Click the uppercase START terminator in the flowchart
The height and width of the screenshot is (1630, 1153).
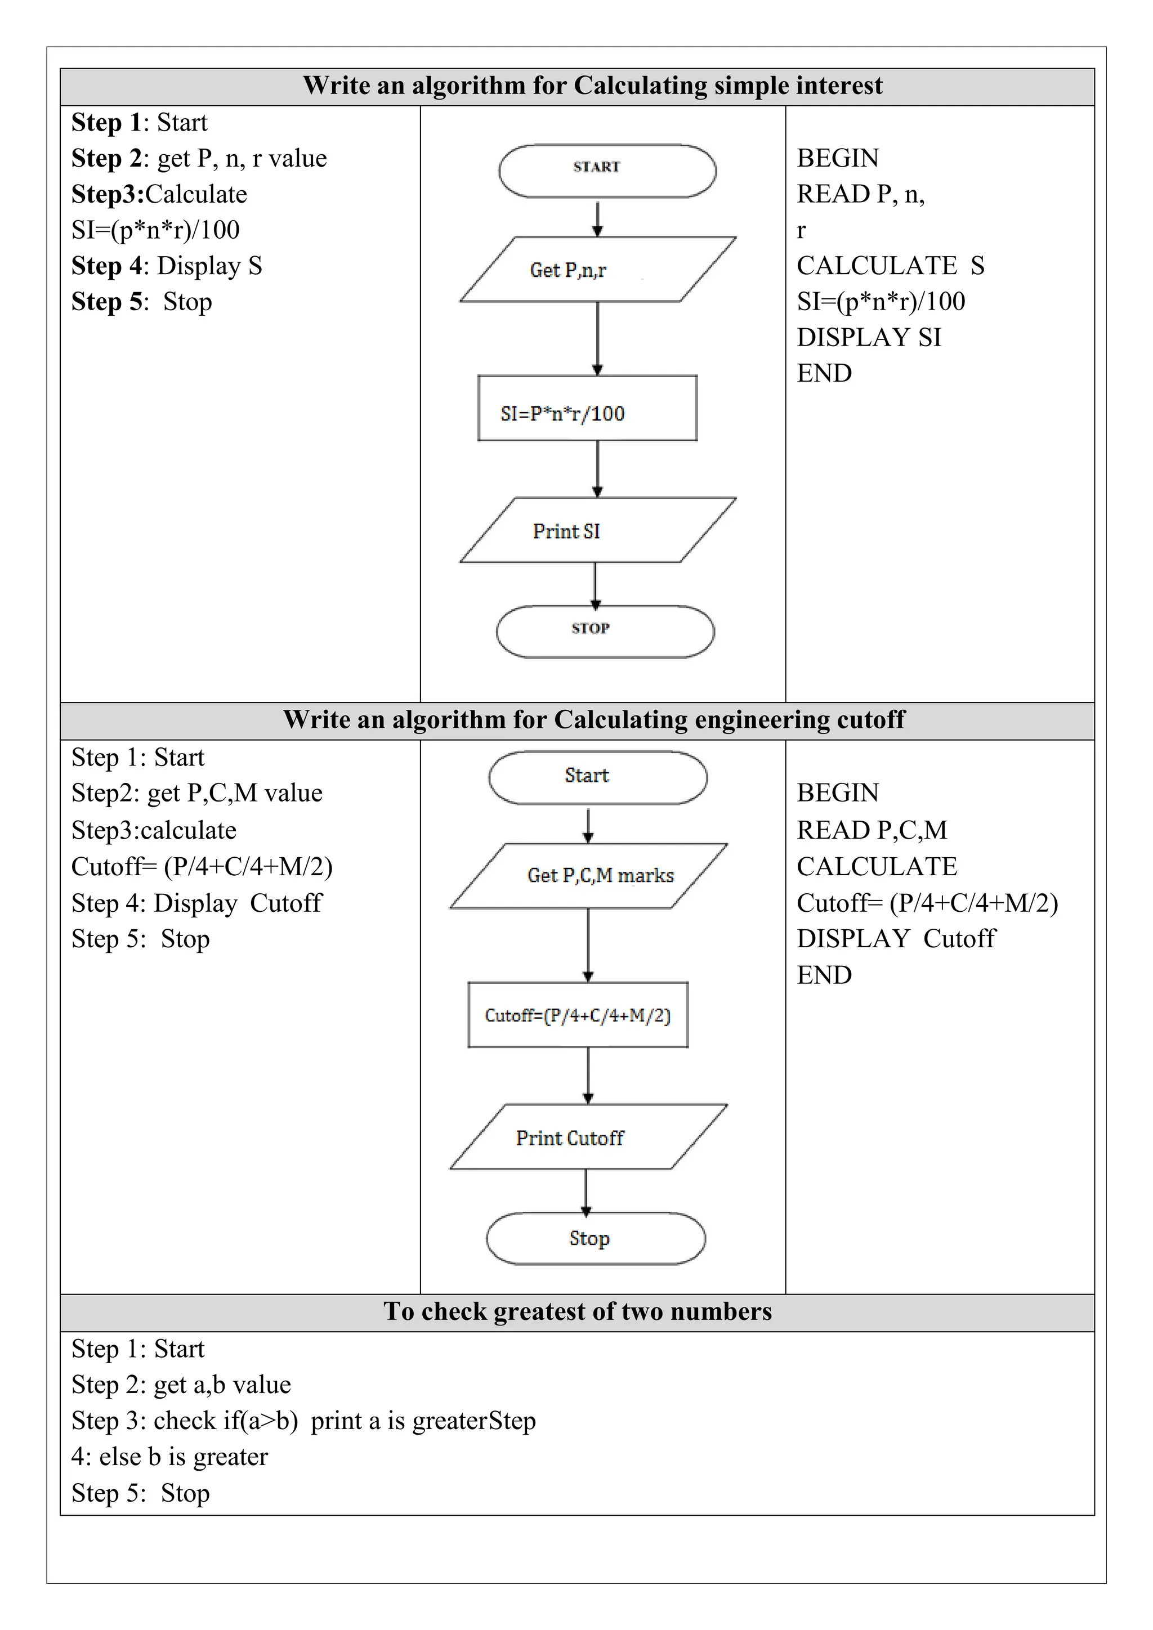click(607, 171)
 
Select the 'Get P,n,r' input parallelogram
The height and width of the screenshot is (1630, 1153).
click(598, 269)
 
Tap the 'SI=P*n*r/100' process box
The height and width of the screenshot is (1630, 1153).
click(587, 408)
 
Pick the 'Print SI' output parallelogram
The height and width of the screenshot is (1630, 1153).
click(598, 530)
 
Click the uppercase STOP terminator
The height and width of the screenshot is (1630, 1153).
click(605, 631)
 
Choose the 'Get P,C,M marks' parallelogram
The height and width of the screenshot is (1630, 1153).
click(588, 876)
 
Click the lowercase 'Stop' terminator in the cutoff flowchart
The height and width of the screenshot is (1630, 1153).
click(596, 1238)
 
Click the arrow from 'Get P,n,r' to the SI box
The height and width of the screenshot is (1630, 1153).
click(598, 338)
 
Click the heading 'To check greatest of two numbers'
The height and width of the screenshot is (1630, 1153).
click(577, 1310)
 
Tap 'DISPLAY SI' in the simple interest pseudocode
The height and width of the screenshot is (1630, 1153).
click(869, 337)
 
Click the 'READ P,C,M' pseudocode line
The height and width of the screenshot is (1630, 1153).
click(872, 830)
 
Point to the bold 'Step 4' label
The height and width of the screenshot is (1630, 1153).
click(106, 266)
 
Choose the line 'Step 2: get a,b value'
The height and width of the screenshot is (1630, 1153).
click(181, 1385)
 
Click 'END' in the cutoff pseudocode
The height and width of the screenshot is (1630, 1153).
click(824, 975)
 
